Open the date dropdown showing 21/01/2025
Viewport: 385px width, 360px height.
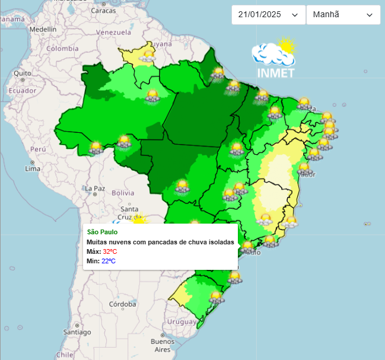pyautogui.click(x=268, y=15)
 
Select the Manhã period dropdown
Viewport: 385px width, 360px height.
pyautogui.click(x=343, y=15)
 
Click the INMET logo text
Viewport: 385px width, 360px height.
pyautogui.click(x=276, y=73)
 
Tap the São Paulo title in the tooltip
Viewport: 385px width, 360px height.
pyautogui.click(x=102, y=232)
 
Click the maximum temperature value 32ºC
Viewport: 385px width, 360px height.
pyautogui.click(x=110, y=251)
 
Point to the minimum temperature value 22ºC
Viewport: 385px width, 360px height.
pyautogui.click(x=109, y=261)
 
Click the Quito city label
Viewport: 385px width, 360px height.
pyautogui.click(x=23, y=74)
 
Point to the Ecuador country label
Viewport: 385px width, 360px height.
pyautogui.click(x=23, y=91)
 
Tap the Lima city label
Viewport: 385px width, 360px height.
pyautogui.click(x=33, y=168)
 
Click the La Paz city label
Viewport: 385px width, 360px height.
pyautogui.click(x=95, y=189)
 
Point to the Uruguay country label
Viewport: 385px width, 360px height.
pyautogui.click(x=181, y=321)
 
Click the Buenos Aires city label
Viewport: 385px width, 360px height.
pyautogui.click(x=162, y=345)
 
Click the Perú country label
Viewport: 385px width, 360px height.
pyautogui.click(x=38, y=149)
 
